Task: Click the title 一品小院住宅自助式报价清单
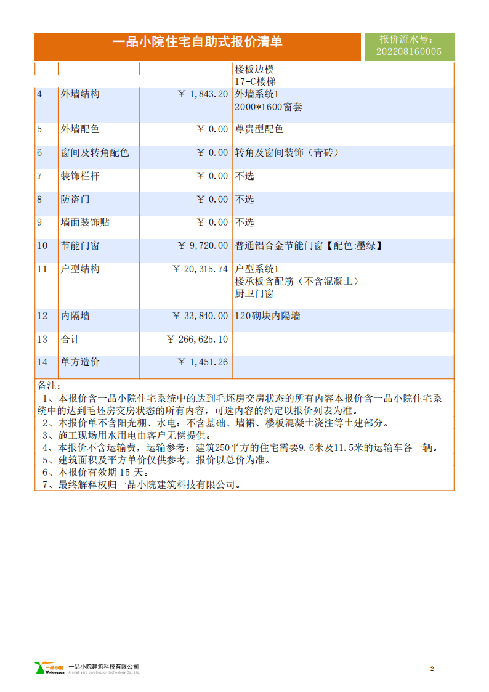click(x=198, y=42)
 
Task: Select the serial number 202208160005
click(x=408, y=52)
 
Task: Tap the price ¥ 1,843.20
click(x=203, y=94)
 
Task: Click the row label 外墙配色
click(x=80, y=129)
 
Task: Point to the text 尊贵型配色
click(x=259, y=129)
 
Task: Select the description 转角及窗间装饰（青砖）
click(x=287, y=153)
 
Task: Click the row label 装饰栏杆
click(x=80, y=176)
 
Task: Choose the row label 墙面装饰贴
click(x=85, y=222)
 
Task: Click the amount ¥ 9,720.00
click(x=203, y=246)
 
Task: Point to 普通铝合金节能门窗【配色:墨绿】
click(x=309, y=246)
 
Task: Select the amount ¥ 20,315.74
click(x=200, y=269)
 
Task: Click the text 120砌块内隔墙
click(x=268, y=316)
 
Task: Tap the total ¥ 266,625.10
click(x=197, y=340)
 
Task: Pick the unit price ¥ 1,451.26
click(x=203, y=362)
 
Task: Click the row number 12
click(x=42, y=316)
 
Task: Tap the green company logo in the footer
click(x=50, y=668)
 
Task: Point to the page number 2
click(x=432, y=669)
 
